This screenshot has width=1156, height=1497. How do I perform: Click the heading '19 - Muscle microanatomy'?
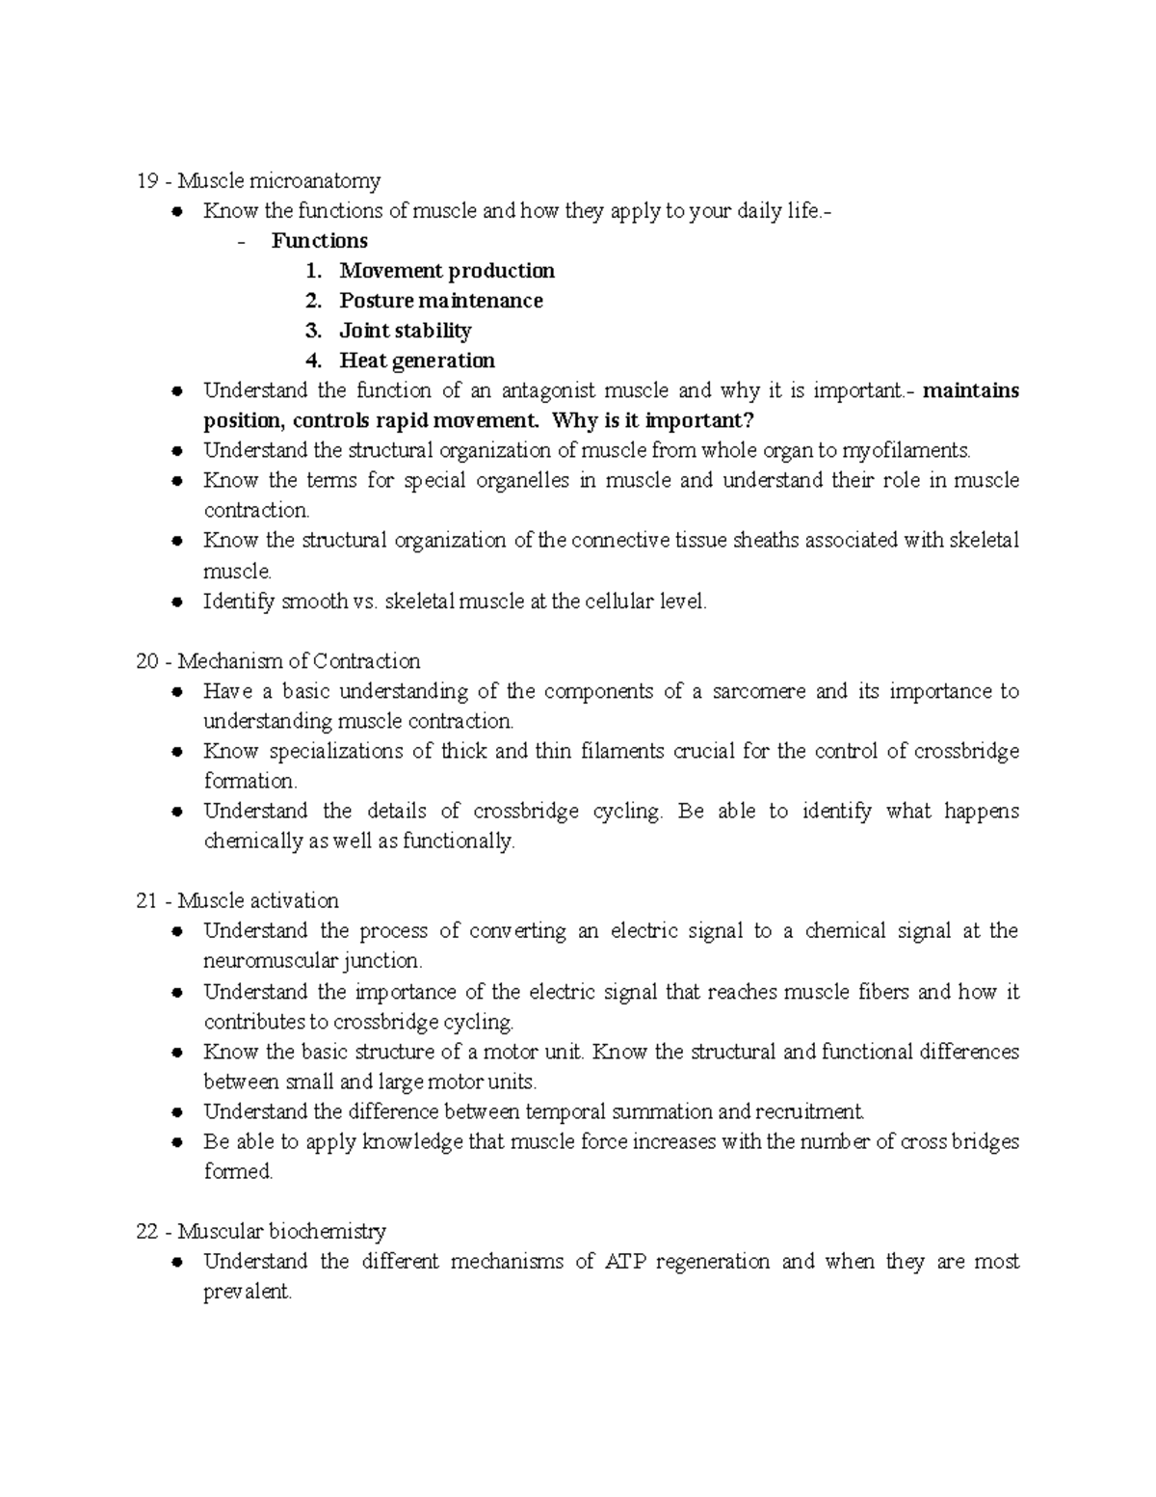[x=258, y=180]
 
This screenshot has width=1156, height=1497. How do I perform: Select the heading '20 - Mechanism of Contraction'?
[x=278, y=661]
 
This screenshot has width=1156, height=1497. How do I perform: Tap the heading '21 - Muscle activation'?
[x=238, y=900]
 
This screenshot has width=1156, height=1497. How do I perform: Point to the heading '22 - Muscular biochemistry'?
[x=261, y=1231]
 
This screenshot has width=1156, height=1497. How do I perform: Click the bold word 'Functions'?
[x=319, y=240]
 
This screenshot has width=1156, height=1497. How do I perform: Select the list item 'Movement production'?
[x=446, y=271]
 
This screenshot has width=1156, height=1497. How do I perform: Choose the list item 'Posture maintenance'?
[x=440, y=301]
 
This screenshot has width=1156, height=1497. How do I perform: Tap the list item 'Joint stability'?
[x=405, y=331]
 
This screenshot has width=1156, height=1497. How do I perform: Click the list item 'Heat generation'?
[x=416, y=361]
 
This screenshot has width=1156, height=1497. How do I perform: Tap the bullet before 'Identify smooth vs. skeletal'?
[x=176, y=601]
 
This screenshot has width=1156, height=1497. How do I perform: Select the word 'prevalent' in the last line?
[x=246, y=1292]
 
